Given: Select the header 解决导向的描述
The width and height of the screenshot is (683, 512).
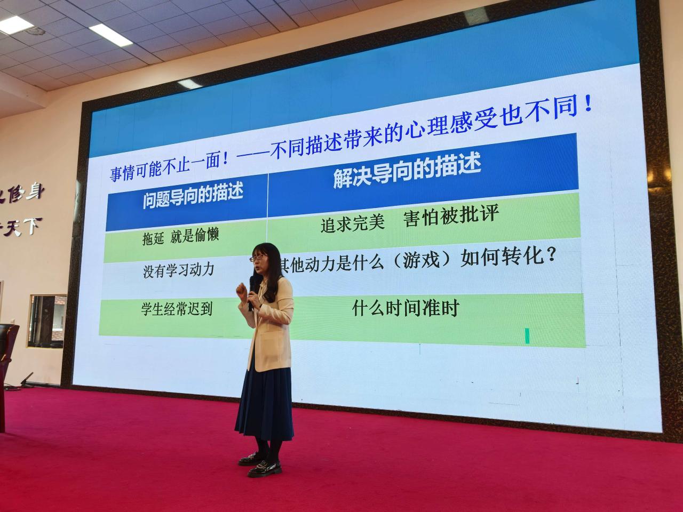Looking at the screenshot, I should [407, 171].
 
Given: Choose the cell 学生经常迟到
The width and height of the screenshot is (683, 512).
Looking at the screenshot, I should [176, 309].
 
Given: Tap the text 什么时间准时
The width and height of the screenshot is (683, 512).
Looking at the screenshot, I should [406, 308].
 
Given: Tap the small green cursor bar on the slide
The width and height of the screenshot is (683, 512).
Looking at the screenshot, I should [527, 336].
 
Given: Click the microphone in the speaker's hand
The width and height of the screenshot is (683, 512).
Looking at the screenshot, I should [251, 293].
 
